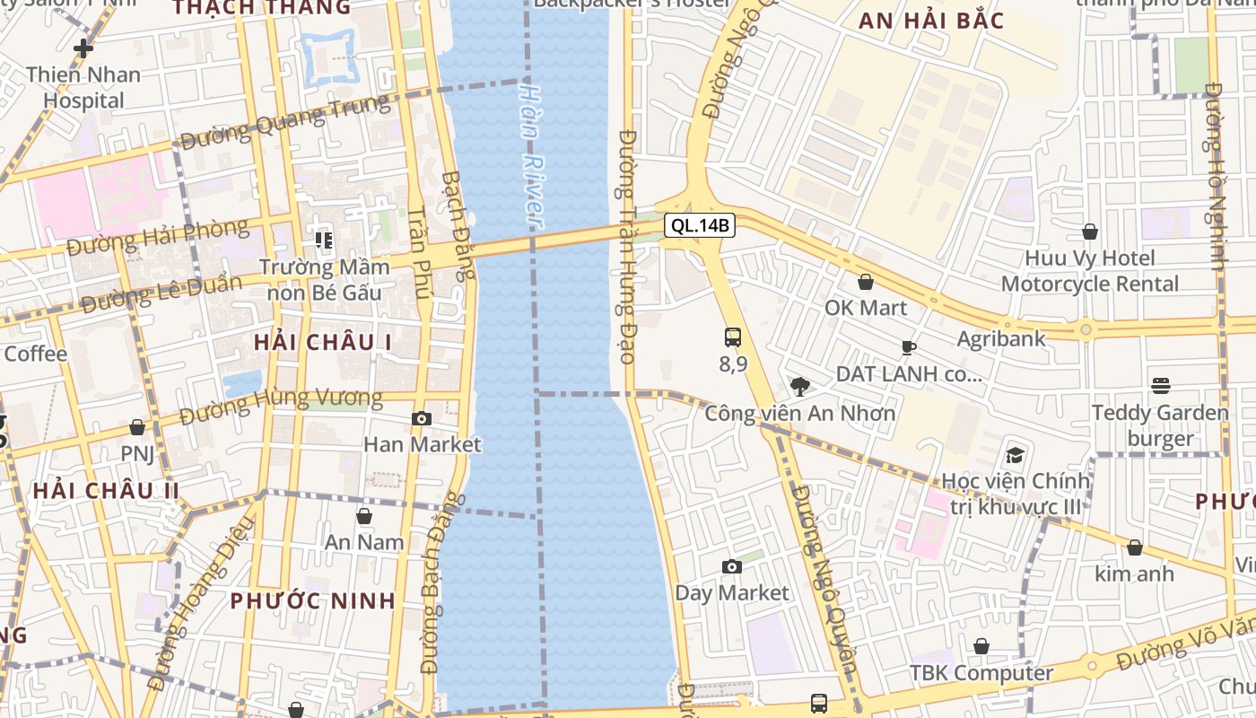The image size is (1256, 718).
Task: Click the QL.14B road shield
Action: (x=700, y=225)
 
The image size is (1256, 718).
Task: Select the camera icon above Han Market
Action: (x=422, y=418)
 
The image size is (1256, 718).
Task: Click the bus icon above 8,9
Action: (x=733, y=337)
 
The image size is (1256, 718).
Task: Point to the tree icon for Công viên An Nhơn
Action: (x=799, y=387)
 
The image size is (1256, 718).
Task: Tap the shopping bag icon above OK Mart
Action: (x=866, y=282)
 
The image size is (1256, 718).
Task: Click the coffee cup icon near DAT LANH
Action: (x=909, y=347)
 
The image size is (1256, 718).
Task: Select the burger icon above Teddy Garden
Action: (x=1160, y=386)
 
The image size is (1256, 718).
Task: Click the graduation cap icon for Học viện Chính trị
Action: (x=1015, y=455)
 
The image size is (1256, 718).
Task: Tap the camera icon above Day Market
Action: (x=732, y=566)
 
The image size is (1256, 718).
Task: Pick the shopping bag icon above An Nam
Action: (x=364, y=516)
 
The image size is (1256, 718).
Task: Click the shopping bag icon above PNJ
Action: (x=137, y=427)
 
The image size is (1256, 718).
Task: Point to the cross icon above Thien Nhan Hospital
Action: (x=83, y=48)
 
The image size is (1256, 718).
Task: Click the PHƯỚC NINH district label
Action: (x=313, y=600)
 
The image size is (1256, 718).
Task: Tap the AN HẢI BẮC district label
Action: (x=931, y=21)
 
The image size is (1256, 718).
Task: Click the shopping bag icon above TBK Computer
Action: (x=981, y=646)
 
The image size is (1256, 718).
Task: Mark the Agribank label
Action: (x=1001, y=338)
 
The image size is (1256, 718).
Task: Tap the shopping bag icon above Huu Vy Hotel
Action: (x=1090, y=232)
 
